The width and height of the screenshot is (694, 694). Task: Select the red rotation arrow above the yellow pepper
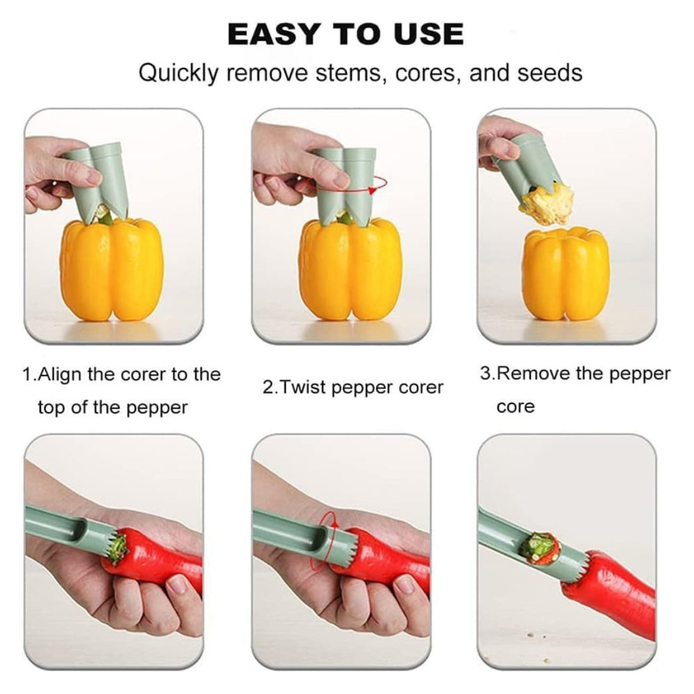pos(377,185)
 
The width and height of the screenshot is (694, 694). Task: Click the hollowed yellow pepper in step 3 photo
pos(566,273)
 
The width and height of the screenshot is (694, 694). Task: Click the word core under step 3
pos(516,406)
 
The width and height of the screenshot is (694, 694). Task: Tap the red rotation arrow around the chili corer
pos(325,541)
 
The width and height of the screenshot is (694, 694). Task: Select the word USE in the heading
pos(424,34)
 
